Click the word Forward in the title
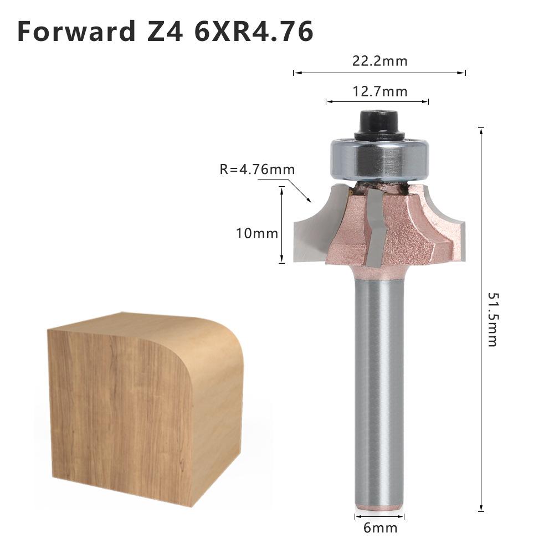pyautogui.click(x=72, y=32)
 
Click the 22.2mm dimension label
pyautogui.click(x=379, y=61)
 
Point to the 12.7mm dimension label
pyautogui.click(x=379, y=91)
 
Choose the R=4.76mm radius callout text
pyautogui.click(x=257, y=169)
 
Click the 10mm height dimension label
pyautogui.click(x=257, y=233)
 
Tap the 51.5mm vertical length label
pyautogui.click(x=492, y=319)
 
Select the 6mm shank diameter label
pyautogui.click(x=380, y=527)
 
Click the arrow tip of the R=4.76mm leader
pyautogui.click(x=310, y=201)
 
